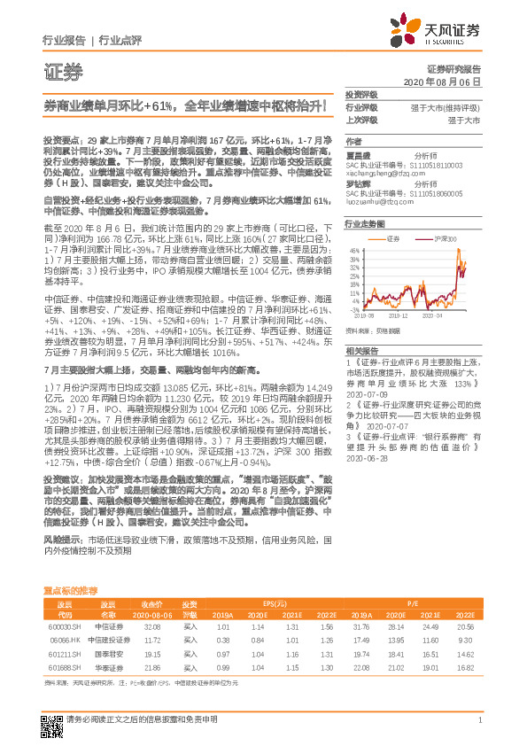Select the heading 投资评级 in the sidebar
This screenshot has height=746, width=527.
(x=360, y=94)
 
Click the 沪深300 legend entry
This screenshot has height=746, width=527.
(x=442, y=239)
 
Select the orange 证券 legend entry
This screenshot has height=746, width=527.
(x=393, y=239)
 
